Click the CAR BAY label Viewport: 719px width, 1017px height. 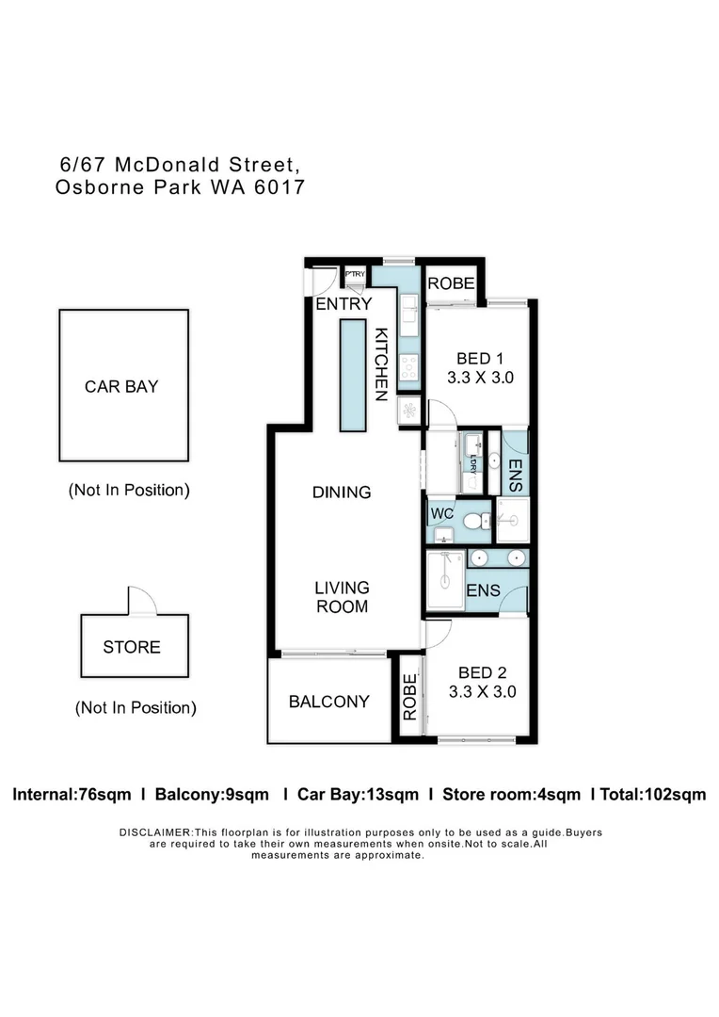click(x=121, y=386)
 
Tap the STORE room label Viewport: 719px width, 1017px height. click(x=132, y=647)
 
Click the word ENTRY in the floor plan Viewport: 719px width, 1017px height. click(x=344, y=303)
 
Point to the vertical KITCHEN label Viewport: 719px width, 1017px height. click(x=382, y=364)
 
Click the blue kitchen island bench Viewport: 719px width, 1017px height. click(x=351, y=375)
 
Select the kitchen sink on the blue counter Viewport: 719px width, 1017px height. click(x=408, y=315)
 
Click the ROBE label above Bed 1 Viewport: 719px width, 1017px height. click(x=451, y=283)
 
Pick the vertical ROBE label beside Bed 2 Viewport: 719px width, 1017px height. click(x=409, y=698)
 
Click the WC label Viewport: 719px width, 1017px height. click(x=442, y=514)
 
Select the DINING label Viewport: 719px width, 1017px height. click(x=342, y=492)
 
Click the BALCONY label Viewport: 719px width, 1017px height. click(x=328, y=702)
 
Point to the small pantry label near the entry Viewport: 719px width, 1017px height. click(x=355, y=274)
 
